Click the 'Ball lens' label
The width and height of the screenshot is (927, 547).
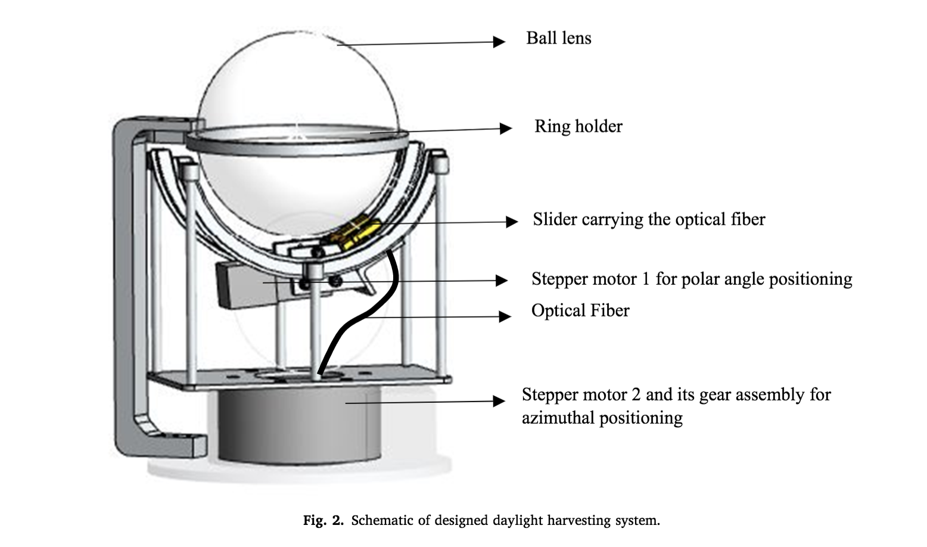coord(558,38)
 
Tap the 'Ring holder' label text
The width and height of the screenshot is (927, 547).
coord(578,126)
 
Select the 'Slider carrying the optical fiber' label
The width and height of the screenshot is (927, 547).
coord(649,219)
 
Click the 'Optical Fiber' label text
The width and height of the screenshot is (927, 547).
coord(580,310)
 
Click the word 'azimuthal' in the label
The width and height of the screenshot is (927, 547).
coord(558,418)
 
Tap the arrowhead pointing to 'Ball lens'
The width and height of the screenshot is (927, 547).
coord(499,42)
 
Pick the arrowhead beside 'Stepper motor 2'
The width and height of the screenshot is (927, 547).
coord(499,402)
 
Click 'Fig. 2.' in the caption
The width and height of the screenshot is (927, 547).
coord(323,521)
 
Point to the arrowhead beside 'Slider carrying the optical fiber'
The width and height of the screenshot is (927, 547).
coord(511,222)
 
